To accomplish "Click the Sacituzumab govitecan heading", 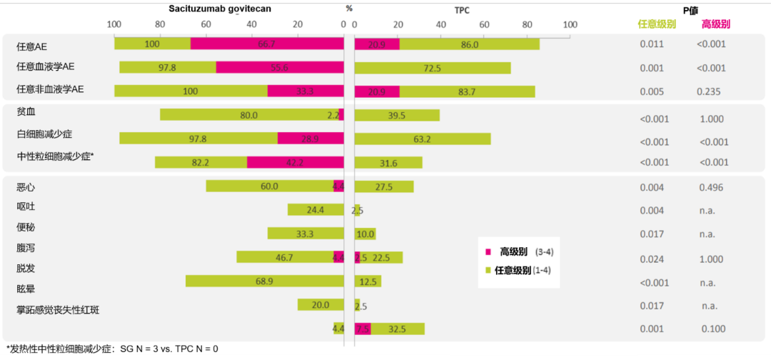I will point(219,9).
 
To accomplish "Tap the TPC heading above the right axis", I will point(462,10).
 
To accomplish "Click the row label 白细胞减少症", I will point(45,134).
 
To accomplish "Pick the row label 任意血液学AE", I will point(46,67).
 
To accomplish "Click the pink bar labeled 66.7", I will point(266,44).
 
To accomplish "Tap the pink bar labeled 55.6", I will point(279,68).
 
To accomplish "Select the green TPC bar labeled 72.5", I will point(432,68).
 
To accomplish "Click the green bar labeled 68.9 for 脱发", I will point(264,281).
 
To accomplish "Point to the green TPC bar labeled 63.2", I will point(422,139).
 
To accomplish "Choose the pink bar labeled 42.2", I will point(295,162).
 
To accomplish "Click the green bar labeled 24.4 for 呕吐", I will point(315,210).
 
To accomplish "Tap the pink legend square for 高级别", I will point(488,252).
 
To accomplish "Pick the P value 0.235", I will point(709,91).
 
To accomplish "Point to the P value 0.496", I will point(711,187).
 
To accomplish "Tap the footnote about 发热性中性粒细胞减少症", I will point(113,349).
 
